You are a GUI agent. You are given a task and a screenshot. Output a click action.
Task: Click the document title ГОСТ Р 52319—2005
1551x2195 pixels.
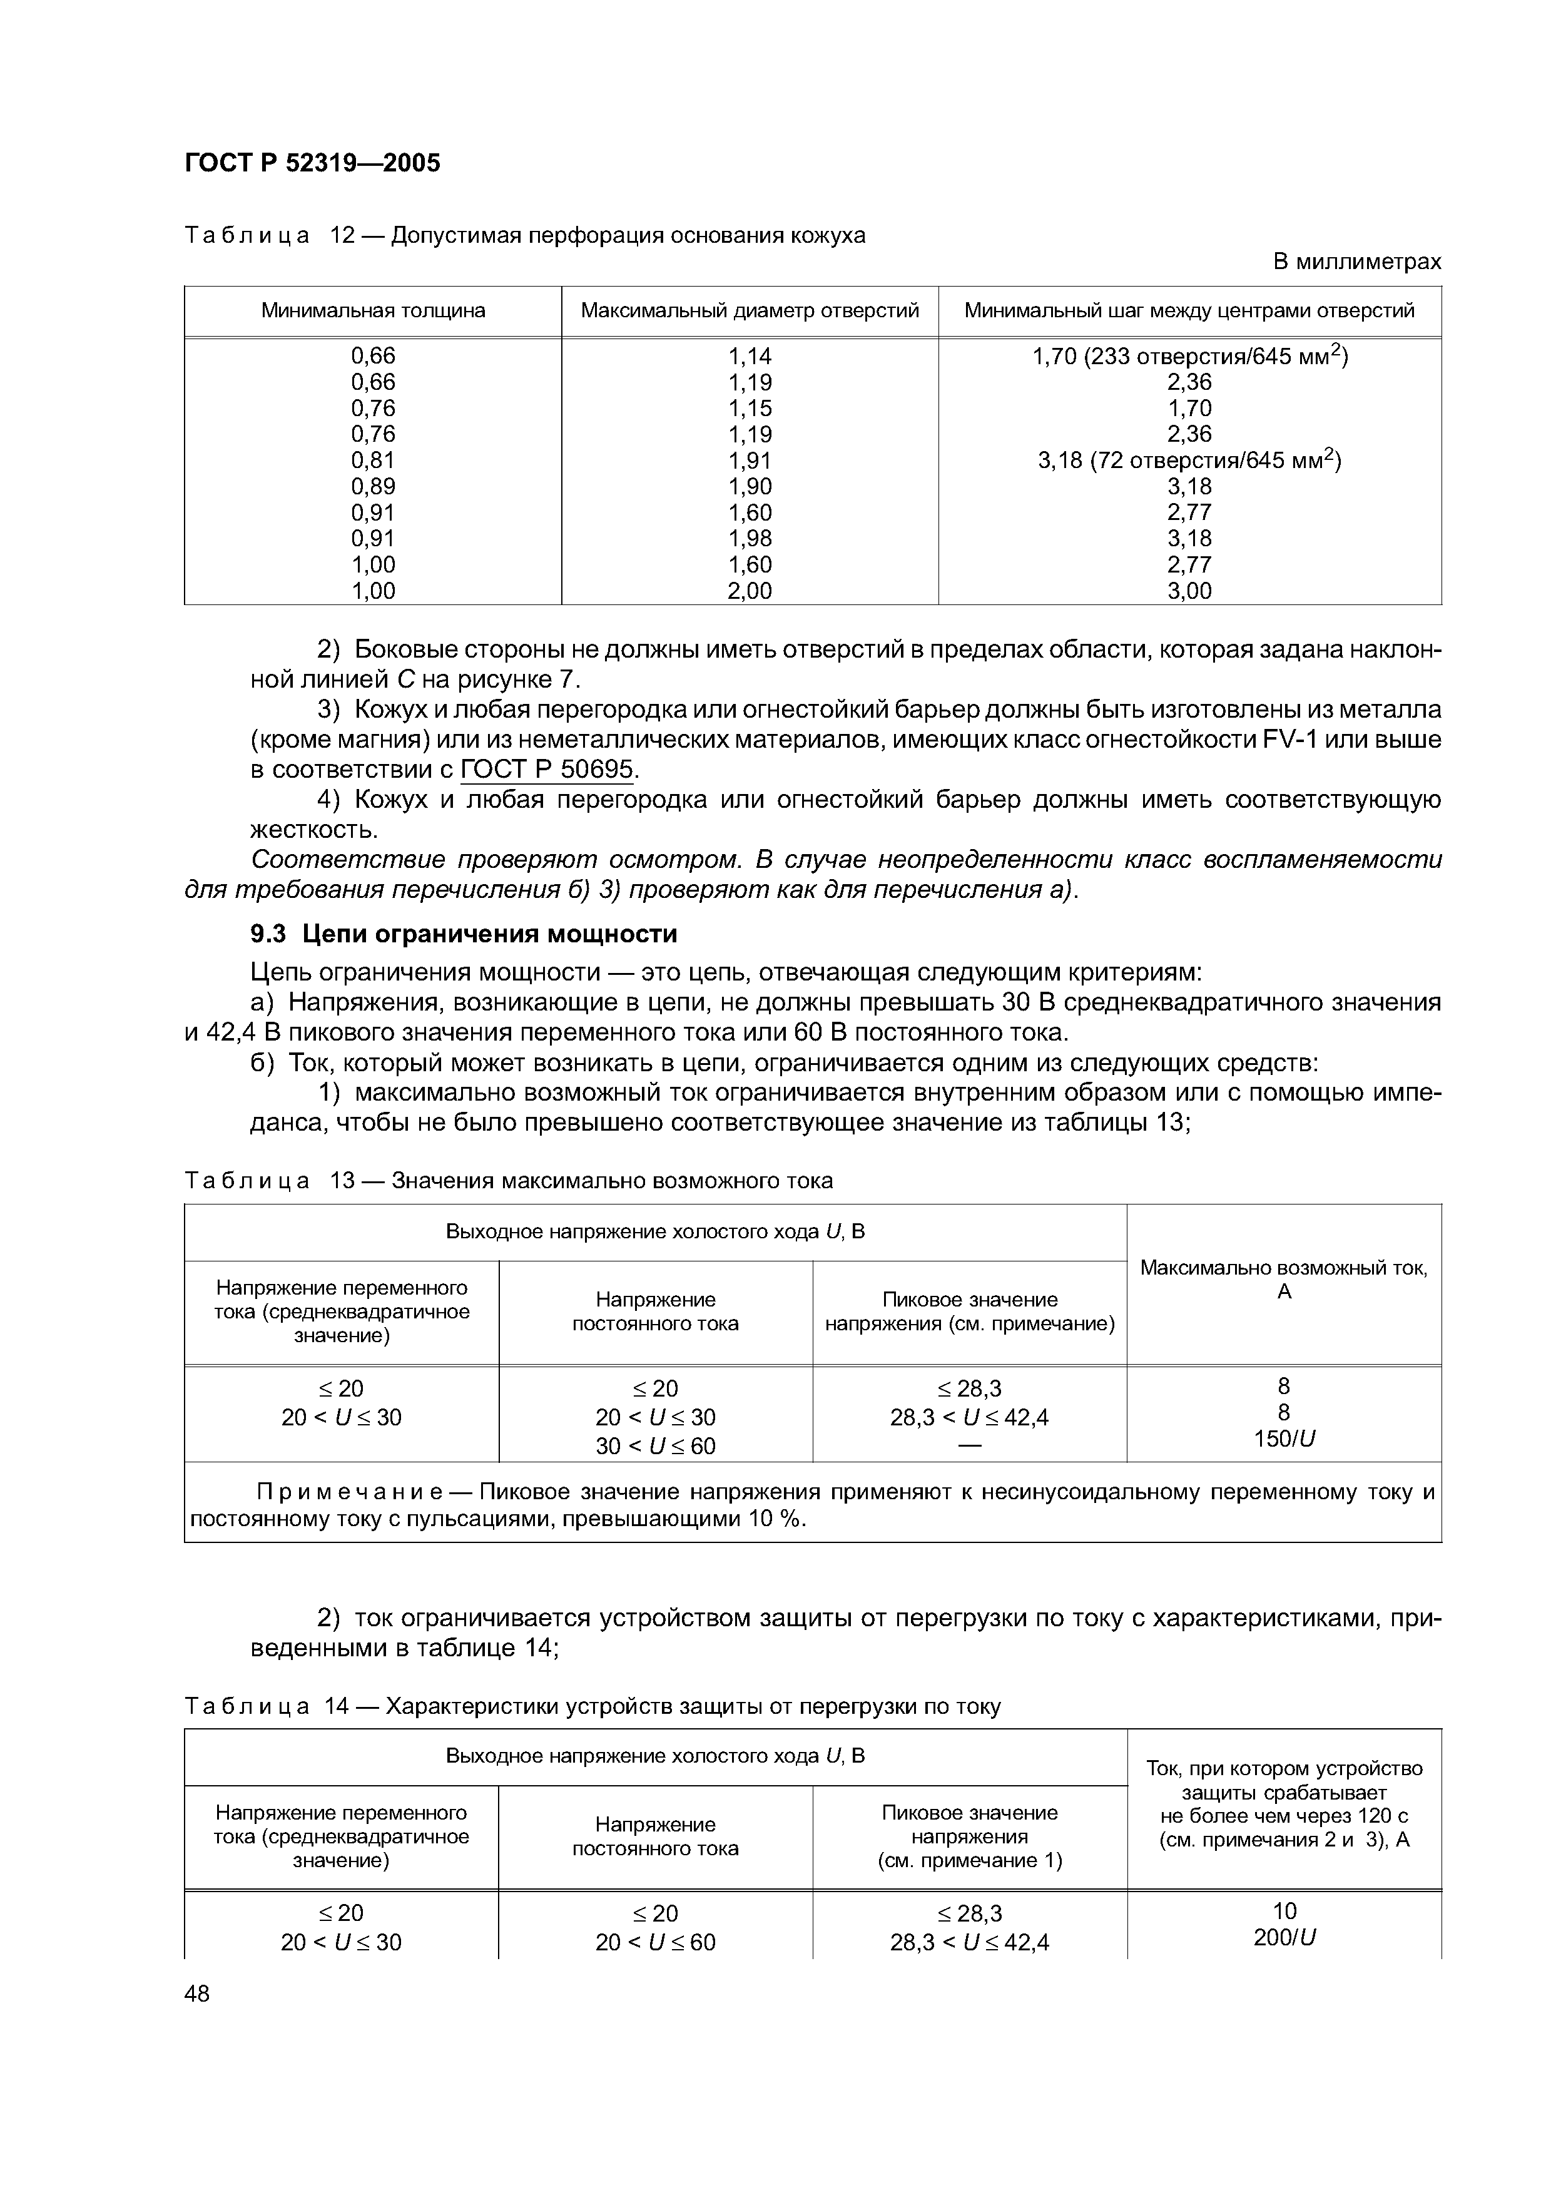(x=312, y=163)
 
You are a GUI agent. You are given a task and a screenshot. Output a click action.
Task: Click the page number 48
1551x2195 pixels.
(x=197, y=1994)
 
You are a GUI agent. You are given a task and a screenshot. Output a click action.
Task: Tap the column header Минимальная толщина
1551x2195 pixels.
(x=373, y=311)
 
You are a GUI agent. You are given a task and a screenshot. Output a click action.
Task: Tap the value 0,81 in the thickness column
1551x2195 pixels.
(x=373, y=461)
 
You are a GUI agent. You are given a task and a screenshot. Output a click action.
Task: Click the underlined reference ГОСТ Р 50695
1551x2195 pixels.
(x=547, y=770)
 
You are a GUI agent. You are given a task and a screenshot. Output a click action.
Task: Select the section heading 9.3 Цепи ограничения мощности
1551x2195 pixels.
(x=464, y=933)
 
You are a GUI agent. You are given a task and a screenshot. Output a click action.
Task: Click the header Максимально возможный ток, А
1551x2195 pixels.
(x=1283, y=1279)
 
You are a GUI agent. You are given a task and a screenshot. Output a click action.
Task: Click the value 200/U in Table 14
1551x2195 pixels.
(x=1283, y=1937)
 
